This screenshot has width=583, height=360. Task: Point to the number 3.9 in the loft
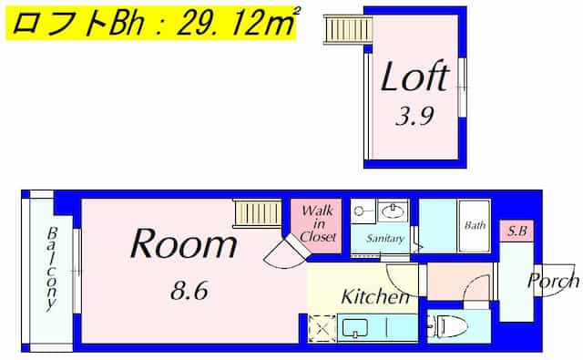(414, 116)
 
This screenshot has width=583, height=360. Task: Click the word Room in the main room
(184, 243)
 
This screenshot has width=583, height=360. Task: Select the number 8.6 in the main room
(189, 291)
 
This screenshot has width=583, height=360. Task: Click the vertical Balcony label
(52, 269)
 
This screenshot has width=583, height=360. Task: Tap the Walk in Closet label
(318, 224)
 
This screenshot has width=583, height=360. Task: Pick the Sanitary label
(384, 239)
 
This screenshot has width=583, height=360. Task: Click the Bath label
(475, 225)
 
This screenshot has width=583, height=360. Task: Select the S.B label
(517, 231)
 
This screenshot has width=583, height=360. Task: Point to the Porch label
(553, 282)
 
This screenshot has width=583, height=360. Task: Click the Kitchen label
(375, 296)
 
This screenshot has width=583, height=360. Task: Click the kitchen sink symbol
(355, 328)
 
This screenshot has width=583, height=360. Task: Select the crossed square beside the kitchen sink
(322, 328)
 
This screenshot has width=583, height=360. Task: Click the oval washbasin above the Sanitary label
(394, 211)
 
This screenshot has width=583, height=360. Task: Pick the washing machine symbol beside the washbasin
(363, 211)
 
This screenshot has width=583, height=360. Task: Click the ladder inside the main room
(257, 213)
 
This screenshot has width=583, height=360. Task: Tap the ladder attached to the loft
(348, 29)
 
